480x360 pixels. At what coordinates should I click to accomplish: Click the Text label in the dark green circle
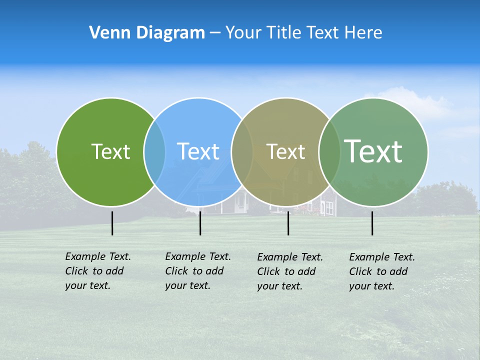110,151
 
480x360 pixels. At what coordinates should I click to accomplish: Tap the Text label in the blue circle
198,151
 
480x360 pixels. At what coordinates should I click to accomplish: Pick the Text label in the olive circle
285,151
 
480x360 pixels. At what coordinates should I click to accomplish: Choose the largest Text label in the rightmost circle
373,151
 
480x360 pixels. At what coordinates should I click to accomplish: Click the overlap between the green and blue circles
154,152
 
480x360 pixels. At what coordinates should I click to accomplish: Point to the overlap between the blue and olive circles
242,152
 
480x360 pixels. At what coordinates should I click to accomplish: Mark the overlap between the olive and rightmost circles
329,152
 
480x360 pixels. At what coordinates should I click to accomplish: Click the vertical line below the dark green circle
112,223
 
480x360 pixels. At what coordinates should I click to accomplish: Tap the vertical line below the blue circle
200,223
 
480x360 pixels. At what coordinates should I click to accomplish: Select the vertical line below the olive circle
288,223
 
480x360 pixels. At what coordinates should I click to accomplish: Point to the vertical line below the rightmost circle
372,223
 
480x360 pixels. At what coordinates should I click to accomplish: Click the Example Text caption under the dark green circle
97,271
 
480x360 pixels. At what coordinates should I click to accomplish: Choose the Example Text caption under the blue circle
197,271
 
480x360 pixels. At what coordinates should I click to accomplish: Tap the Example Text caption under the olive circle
289,271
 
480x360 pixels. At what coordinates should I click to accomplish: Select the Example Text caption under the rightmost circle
381,271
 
